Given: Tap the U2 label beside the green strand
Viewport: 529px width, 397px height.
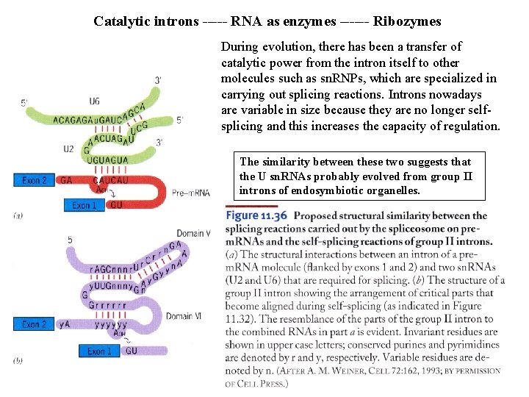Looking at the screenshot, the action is point(68,149).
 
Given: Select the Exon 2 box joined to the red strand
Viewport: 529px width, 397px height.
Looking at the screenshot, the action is point(35,179).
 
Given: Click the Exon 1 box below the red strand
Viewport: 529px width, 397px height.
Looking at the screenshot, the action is point(84,206).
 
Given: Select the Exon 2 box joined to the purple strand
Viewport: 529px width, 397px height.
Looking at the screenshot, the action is point(35,324).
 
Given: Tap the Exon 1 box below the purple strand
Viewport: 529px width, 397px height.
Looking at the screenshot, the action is point(100,351).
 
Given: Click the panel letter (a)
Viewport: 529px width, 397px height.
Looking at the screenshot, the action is point(18,215).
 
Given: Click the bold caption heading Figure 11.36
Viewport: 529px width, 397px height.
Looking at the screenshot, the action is point(256,216).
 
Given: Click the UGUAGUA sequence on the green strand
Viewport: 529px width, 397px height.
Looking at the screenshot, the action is point(107,160).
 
